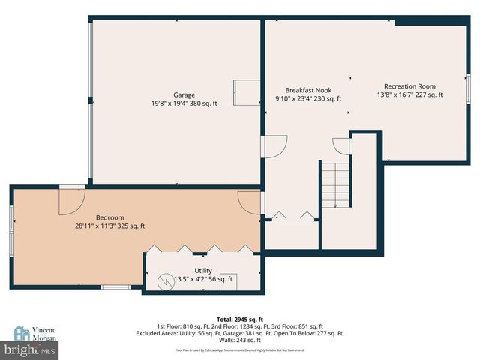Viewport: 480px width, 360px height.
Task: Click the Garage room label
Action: (x=184, y=95)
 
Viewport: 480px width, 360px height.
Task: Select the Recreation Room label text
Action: (x=409, y=86)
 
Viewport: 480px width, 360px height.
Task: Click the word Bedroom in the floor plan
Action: (x=109, y=217)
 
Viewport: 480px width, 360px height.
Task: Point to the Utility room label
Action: (x=203, y=271)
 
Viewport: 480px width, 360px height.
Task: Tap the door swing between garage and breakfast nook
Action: (x=276, y=145)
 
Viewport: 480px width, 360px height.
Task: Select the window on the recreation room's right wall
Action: (x=468, y=91)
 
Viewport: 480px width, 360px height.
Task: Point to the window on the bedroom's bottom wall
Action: (x=115, y=286)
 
